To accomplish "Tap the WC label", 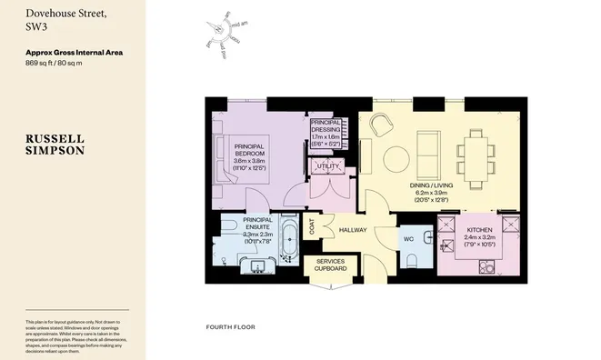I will [407, 238].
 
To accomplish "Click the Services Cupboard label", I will [330, 264].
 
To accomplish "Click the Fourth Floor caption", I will [230, 326].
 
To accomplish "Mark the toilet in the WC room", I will [414, 260].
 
